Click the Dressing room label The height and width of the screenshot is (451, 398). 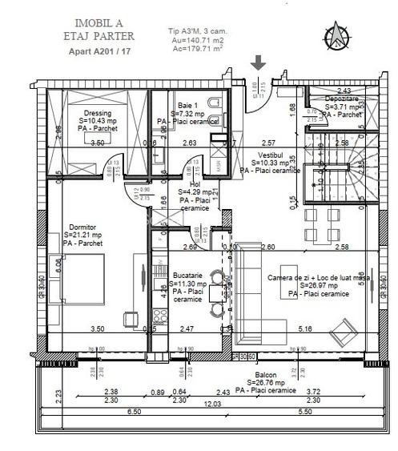tap(96, 114)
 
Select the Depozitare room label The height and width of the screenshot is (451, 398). tap(342, 98)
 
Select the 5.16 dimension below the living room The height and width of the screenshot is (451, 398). tap(304, 329)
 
